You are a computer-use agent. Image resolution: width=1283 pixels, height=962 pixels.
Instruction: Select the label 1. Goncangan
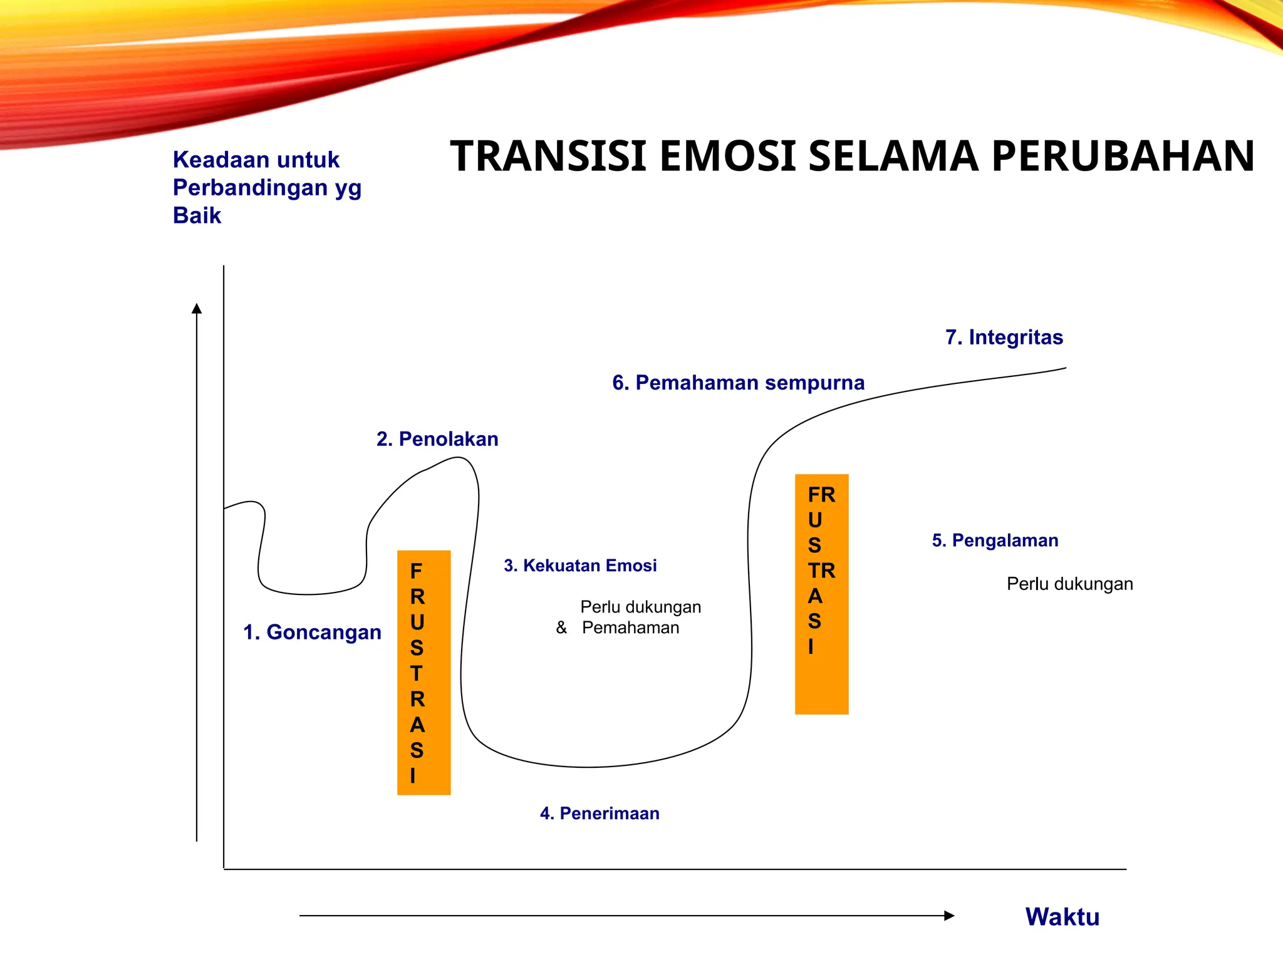[312, 632]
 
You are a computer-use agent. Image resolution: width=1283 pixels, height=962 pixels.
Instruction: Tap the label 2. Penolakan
[437, 439]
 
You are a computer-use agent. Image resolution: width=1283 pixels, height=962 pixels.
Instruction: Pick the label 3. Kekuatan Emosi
[580, 566]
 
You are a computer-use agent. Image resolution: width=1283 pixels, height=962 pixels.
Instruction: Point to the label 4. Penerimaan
[600, 813]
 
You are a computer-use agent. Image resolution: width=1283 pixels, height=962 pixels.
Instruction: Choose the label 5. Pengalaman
[995, 540]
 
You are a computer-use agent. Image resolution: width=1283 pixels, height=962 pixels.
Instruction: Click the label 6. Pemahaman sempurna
[738, 383]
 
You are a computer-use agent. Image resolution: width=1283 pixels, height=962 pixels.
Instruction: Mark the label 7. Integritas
[1004, 338]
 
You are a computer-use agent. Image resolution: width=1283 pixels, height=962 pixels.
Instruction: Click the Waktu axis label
[1062, 917]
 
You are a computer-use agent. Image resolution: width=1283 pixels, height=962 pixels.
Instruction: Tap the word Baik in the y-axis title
[197, 215]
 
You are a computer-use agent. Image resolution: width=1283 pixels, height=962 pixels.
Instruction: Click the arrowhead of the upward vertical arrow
[197, 308]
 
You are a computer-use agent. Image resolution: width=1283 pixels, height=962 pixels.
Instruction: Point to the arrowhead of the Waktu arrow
[949, 916]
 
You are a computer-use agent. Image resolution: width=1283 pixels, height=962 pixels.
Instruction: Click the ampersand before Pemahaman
[561, 628]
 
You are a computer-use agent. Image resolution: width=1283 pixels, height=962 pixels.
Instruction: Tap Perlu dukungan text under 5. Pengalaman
[1069, 584]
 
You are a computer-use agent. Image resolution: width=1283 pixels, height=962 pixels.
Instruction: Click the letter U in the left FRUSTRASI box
[417, 623]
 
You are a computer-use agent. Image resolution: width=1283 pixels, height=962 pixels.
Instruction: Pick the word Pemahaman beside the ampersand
[630, 628]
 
